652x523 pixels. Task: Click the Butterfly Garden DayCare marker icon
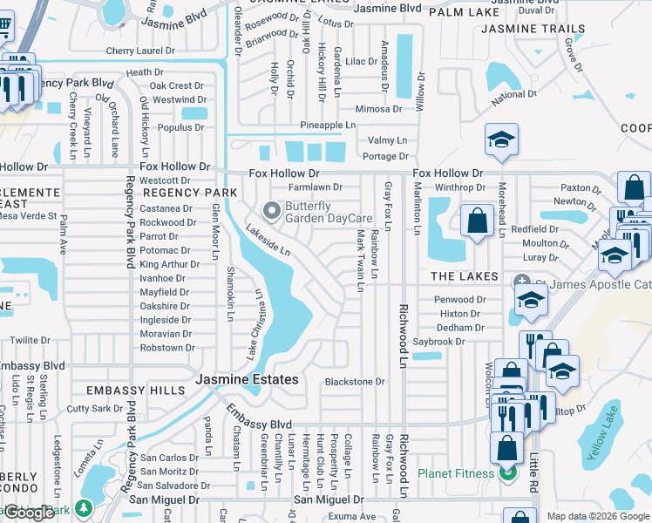[x=272, y=210]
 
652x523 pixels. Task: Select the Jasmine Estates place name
[x=247, y=379]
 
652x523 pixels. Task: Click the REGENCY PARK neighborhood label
[x=190, y=192]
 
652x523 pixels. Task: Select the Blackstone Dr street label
[x=354, y=382]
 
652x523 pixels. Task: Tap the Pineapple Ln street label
[x=328, y=126]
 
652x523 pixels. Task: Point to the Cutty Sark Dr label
[x=95, y=408]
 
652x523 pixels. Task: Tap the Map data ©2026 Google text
[x=597, y=516]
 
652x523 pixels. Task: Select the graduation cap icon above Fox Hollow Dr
[x=501, y=140]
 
